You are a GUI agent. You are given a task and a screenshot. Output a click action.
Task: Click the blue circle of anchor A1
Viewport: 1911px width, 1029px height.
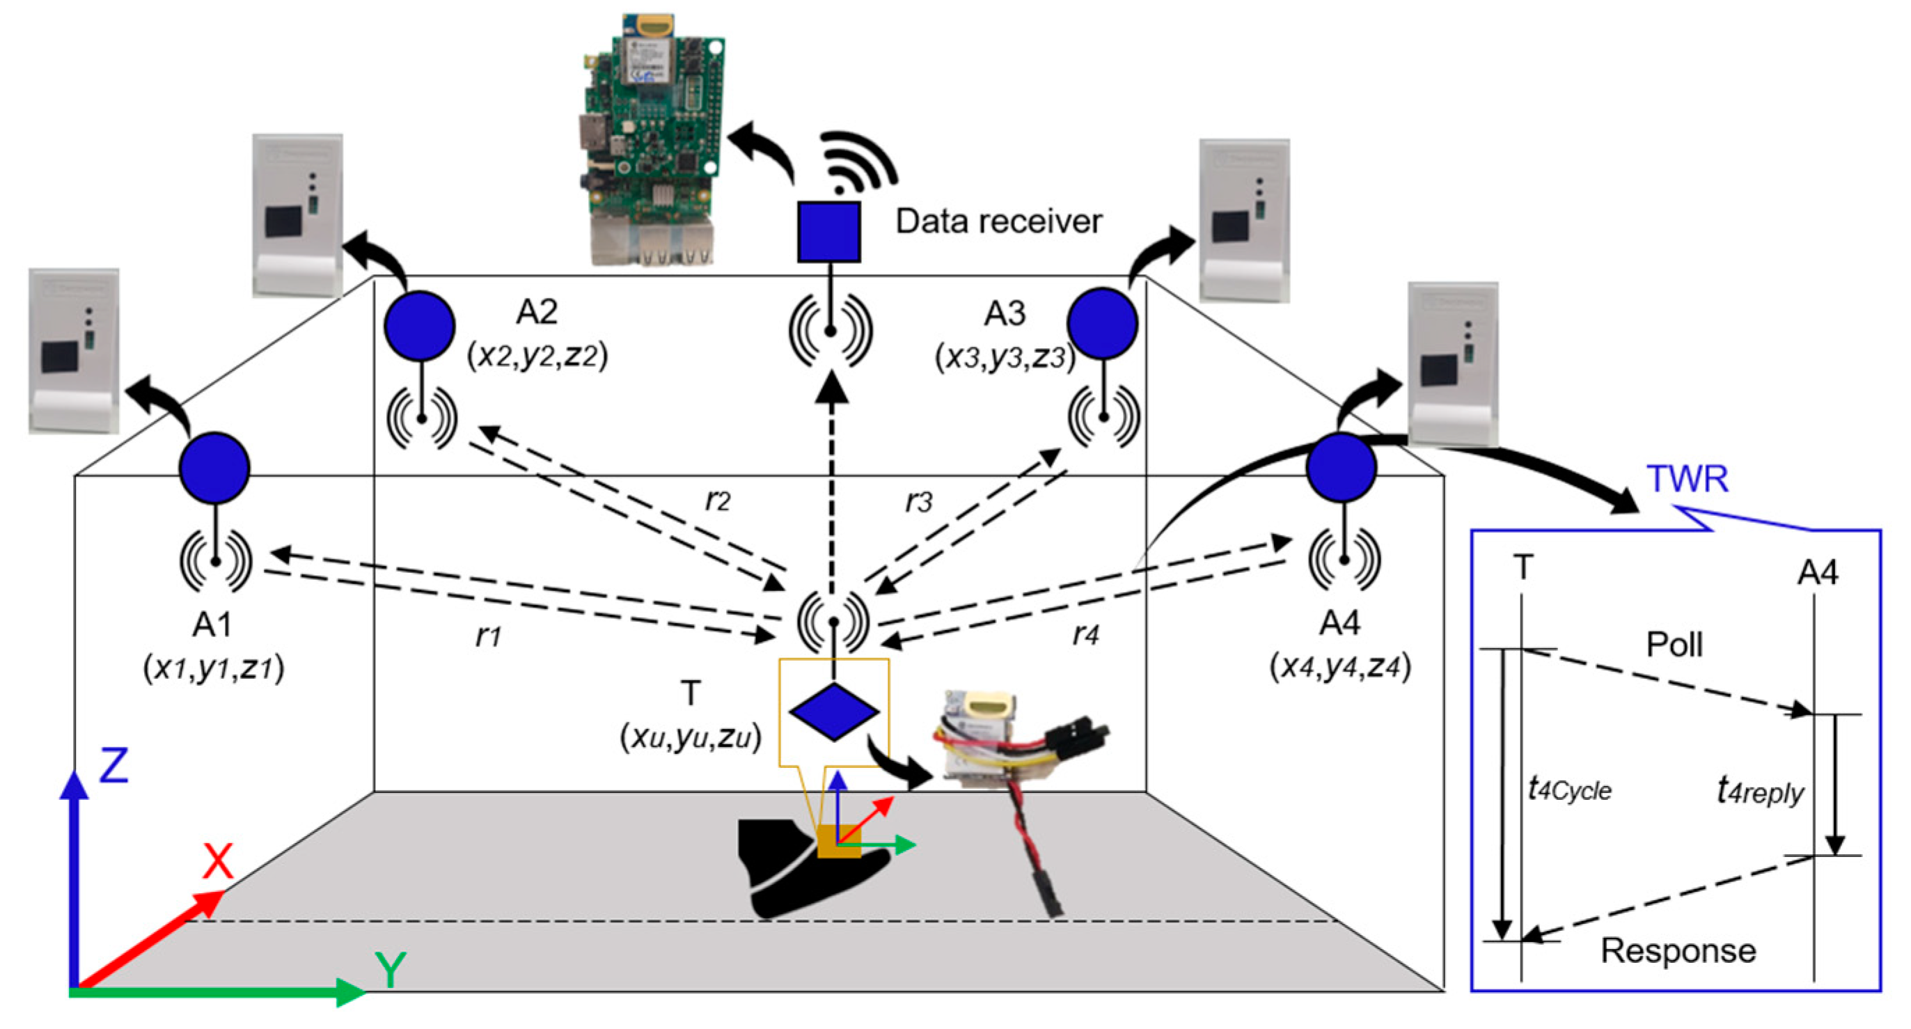214,468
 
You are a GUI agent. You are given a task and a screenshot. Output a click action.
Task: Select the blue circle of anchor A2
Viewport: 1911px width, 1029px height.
420,327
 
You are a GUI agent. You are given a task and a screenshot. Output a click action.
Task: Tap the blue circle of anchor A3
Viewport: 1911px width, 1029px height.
1102,324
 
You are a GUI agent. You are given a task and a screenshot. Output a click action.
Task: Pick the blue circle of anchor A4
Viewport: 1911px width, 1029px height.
1342,467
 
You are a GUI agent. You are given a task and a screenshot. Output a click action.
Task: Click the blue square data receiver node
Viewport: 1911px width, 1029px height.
828,231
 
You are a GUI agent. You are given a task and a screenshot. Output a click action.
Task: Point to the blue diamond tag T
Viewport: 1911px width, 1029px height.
834,712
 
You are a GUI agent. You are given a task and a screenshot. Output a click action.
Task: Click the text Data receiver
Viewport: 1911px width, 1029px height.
998,221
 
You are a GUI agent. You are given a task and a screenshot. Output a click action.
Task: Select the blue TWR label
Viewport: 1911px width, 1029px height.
1687,478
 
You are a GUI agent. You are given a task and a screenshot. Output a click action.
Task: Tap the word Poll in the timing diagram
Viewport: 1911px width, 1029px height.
1674,644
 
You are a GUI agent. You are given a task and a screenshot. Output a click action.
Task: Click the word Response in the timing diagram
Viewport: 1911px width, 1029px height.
1678,950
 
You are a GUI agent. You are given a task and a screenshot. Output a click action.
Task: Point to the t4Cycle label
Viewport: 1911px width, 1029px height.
1569,789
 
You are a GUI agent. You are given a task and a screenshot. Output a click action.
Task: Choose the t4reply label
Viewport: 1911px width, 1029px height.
1759,791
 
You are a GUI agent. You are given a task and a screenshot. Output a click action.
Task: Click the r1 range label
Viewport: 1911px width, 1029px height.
488,635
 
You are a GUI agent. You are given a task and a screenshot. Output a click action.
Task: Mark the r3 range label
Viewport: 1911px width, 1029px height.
918,502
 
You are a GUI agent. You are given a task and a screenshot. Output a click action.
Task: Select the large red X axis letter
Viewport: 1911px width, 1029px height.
217,861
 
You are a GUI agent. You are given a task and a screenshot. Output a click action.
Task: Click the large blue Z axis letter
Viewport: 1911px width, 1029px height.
114,766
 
